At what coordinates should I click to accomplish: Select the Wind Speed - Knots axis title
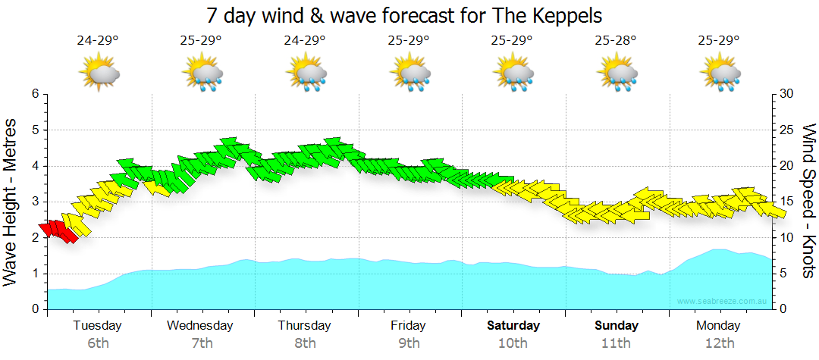click(x=808, y=202)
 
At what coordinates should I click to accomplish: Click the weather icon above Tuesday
click(x=98, y=74)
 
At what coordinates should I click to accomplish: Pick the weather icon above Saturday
click(x=513, y=74)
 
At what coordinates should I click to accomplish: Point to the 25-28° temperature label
click(x=616, y=40)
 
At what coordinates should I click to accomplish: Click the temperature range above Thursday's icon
click(x=305, y=40)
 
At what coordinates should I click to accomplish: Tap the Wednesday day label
click(x=200, y=326)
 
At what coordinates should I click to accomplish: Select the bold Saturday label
click(x=513, y=326)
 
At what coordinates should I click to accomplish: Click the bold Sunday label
click(x=616, y=326)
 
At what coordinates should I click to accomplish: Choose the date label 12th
click(x=720, y=343)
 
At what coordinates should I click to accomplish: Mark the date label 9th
click(x=409, y=343)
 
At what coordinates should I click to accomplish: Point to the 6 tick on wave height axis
click(x=34, y=94)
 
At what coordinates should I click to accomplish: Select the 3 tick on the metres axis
click(x=34, y=202)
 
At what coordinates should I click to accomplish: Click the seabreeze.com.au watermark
click(x=722, y=302)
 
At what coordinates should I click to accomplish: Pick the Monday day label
click(x=719, y=326)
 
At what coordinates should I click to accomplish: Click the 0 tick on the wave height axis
click(x=34, y=309)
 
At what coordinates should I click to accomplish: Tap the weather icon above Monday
click(x=720, y=74)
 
